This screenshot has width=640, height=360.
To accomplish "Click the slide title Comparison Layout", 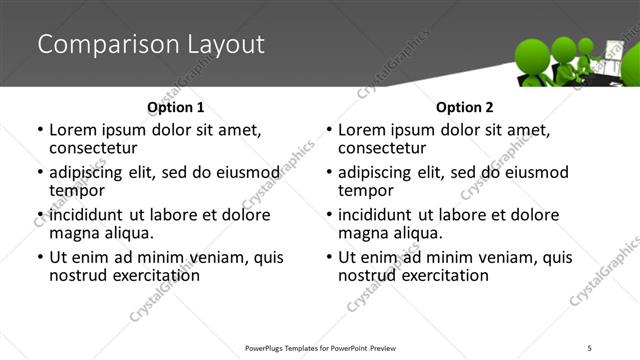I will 150,45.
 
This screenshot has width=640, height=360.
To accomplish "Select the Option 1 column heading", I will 175,107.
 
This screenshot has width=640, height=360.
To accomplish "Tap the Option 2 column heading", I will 464,107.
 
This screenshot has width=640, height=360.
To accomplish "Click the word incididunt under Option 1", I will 87,215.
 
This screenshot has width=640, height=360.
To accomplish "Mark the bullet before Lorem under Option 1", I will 40,130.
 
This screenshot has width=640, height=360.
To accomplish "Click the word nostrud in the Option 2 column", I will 366,275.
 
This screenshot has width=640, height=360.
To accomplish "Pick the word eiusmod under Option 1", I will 245,172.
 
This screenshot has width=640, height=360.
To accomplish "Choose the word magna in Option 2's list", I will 365,233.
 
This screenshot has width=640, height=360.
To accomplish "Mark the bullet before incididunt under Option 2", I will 329,216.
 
